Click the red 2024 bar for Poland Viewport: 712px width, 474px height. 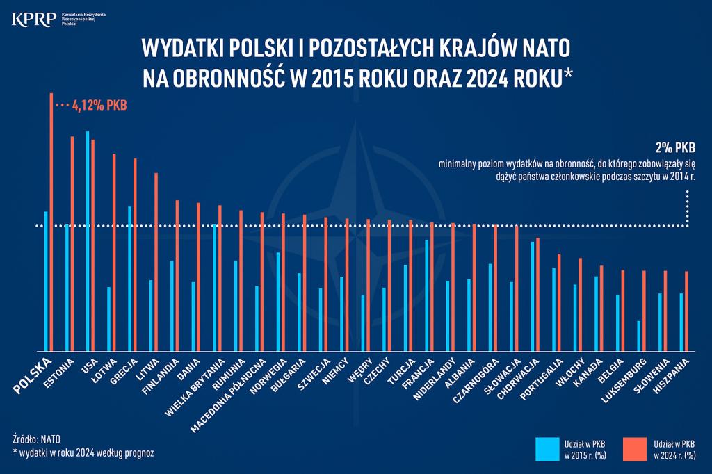[x=51, y=222]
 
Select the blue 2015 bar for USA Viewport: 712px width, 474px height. [x=88, y=240]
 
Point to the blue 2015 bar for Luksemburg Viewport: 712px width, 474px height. [x=639, y=336]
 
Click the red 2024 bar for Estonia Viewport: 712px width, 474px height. [x=72, y=243]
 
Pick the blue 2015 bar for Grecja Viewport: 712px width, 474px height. [x=130, y=278]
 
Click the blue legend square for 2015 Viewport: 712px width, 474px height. [x=548, y=449]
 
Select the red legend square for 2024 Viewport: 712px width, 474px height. [x=635, y=449]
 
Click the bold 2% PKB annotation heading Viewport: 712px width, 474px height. [x=675, y=148]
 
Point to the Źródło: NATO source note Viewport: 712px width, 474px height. [x=37, y=439]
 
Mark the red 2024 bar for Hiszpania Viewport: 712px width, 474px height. [x=686, y=311]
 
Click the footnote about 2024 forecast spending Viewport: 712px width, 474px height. [x=83, y=452]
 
